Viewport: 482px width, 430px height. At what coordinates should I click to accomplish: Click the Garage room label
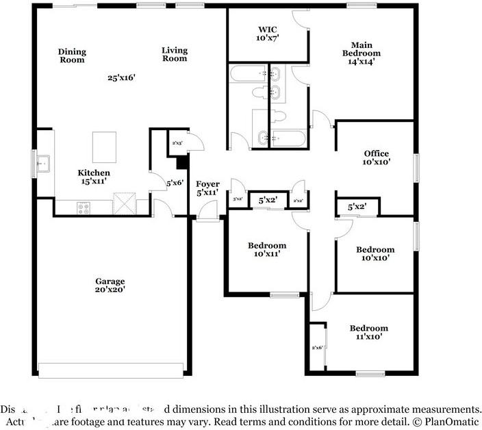point(110,286)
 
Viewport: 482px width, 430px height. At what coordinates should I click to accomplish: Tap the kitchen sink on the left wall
point(42,164)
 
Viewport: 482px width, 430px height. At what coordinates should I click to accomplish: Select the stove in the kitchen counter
point(84,208)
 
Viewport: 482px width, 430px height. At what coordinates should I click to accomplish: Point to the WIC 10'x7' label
point(268,34)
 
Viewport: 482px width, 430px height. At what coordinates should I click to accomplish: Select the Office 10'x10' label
point(376,158)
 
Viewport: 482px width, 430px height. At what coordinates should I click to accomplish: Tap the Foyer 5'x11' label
point(207,189)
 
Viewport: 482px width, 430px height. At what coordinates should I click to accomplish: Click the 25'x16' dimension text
point(121,77)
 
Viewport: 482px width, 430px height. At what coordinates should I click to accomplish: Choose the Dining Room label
point(71,55)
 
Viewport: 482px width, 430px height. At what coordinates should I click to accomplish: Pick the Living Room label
point(175,54)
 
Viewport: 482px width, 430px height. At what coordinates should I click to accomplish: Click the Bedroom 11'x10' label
point(368,332)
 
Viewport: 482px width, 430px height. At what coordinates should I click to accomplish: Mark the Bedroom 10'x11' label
point(266,250)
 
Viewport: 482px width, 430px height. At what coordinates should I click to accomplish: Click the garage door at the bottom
point(111,370)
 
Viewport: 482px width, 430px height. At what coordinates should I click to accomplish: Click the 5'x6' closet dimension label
point(174,184)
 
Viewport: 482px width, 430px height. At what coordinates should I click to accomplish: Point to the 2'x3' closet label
point(177,143)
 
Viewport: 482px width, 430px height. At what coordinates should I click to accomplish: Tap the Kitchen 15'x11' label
point(93,177)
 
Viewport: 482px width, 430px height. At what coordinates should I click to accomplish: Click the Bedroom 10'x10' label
point(375,254)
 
